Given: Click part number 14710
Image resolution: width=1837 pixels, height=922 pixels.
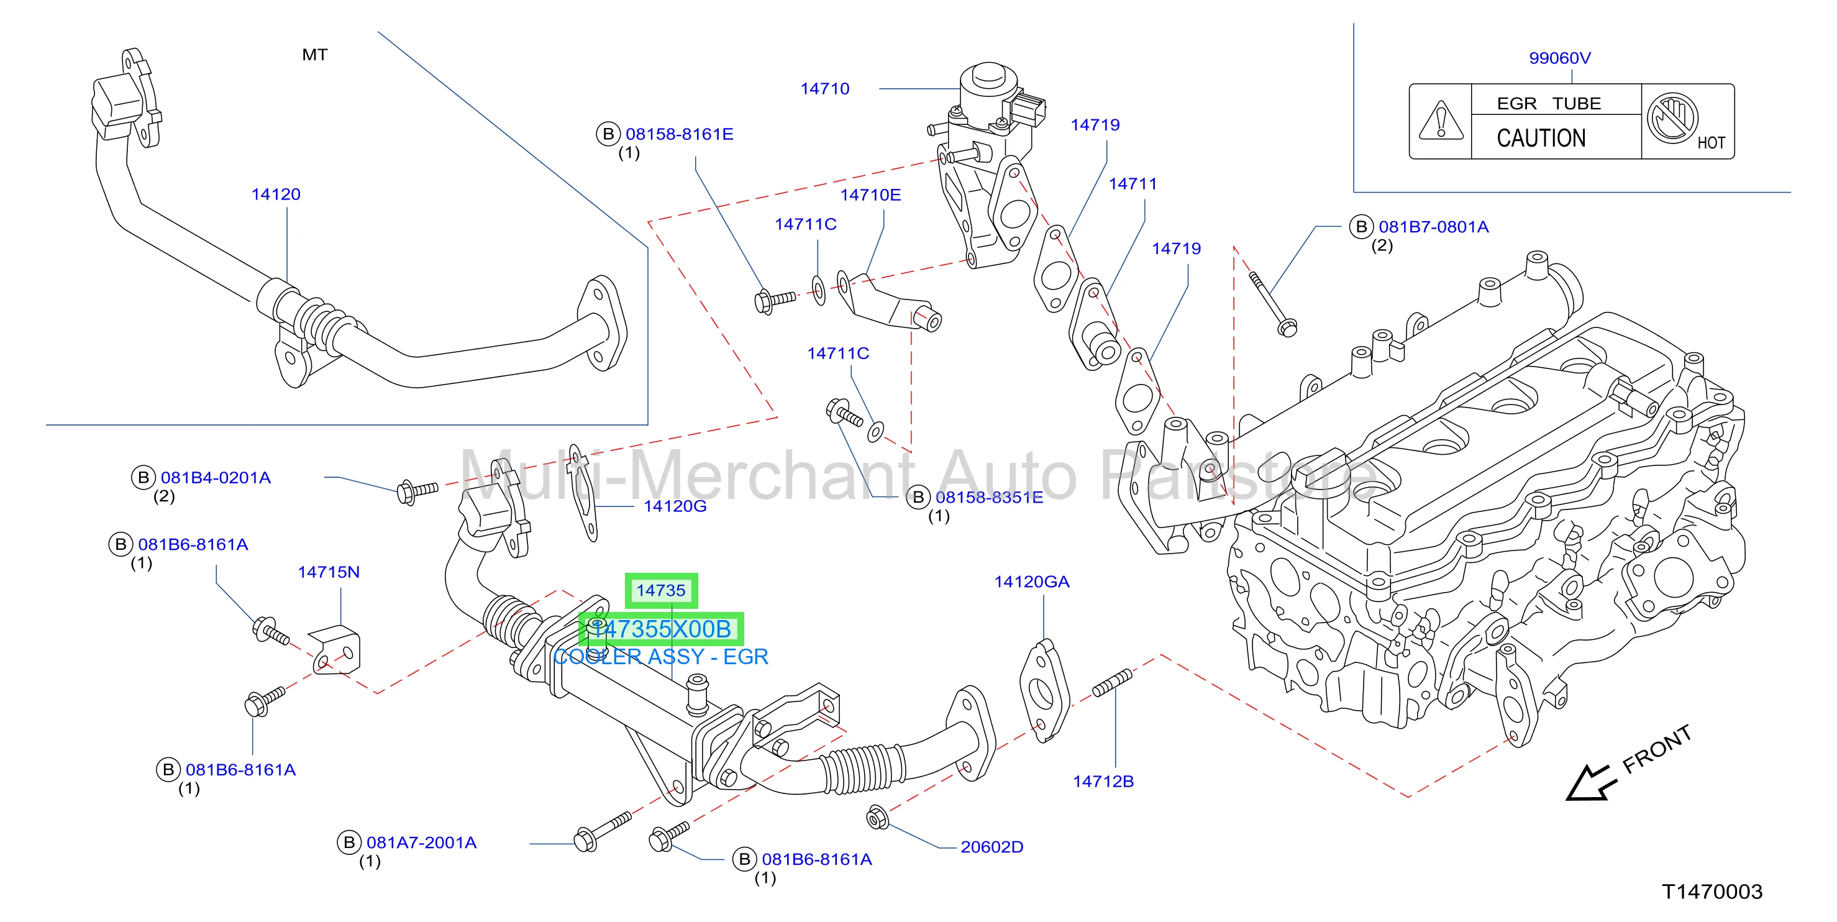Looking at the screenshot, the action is (x=824, y=89).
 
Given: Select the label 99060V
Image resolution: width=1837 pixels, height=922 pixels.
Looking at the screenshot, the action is (x=1559, y=58).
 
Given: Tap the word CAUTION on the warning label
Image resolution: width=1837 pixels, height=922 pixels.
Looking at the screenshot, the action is (x=1541, y=138).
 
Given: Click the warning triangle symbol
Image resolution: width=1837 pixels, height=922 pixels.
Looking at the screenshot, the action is (x=1441, y=121).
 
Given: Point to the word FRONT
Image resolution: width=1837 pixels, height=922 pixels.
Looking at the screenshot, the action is (x=1657, y=749).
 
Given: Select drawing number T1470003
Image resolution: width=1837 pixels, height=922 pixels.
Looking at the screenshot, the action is (x=1712, y=892).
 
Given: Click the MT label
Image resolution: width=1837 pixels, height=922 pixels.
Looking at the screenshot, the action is (x=314, y=55).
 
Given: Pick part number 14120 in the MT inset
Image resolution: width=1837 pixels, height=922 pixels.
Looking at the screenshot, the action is (x=276, y=194).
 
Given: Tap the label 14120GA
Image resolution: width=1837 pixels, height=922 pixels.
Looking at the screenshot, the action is (x=1032, y=582).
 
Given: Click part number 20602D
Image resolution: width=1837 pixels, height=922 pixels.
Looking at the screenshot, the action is (x=992, y=847).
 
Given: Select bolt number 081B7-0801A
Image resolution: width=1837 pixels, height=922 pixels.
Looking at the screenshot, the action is (x=1433, y=227).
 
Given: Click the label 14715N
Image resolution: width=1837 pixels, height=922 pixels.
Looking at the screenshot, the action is (x=329, y=572).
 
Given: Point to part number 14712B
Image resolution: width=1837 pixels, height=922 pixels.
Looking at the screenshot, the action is (x=1103, y=782).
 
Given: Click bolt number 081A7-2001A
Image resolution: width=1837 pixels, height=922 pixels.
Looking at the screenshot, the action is (x=421, y=843).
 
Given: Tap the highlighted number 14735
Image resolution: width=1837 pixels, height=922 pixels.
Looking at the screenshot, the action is (x=661, y=590).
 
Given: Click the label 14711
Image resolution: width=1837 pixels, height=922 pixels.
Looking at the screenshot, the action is (x=1133, y=184).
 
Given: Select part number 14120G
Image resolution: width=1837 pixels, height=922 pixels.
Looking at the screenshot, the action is (x=675, y=506).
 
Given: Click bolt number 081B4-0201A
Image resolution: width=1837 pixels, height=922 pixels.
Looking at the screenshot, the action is (x=216, y=478).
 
